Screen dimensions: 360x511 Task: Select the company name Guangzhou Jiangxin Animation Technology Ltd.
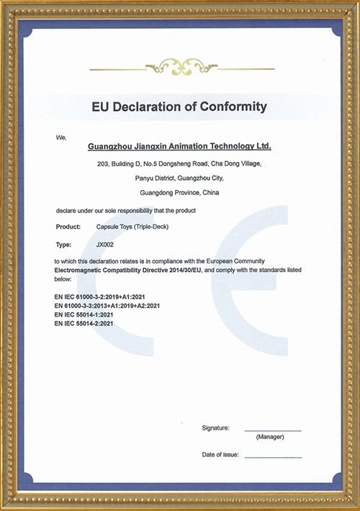click(x=179, y=145)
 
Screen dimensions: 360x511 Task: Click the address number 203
click(x=103, y=165)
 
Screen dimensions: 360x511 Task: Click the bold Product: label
click(x=68, y=227)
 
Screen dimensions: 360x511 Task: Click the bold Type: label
click(x=63, y=244)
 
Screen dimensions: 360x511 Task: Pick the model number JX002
click(x=105, y=244)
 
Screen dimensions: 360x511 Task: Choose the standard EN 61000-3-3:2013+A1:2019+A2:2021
click(x=107, y=306)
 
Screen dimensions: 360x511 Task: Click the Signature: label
click(x=215, y=428)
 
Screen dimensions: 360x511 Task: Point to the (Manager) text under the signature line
click(x=270, y=437)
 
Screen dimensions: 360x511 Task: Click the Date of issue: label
click(x=220, y=455)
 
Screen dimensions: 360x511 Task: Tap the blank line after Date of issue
click(x=273, y=456)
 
